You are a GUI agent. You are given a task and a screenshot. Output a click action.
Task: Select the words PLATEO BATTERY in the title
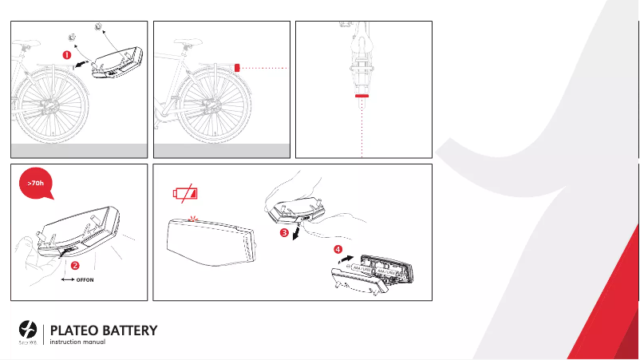pyautogui.click(x=104, y=330)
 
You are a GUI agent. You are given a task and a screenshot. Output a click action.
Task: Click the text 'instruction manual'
pyautogui.click(x=77, y=343)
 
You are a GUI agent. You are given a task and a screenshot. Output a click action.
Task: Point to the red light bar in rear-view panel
pyautogui.click(x=362, y=95)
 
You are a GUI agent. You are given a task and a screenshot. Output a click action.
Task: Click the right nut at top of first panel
pyautogui.click(x=98, y=26)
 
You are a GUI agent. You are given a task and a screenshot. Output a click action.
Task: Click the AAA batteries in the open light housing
pyautogui.click(x=374, y=272)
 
